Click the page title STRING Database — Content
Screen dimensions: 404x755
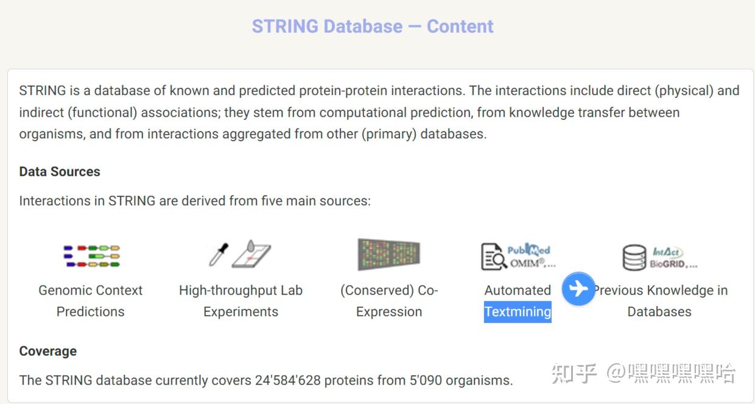coord(373,27)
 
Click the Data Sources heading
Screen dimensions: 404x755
coord(60,172)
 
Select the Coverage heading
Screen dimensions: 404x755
coord(48,351)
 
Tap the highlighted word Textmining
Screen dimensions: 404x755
coord(518,312)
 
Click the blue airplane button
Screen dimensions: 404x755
coord(578,288)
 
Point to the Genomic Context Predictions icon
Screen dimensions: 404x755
coord(91,256)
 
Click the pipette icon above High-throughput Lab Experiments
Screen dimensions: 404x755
coord(219,254)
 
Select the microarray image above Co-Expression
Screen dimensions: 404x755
coord(388,254)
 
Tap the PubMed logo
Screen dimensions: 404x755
coord(528,249)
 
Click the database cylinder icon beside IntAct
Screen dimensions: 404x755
coord(634,257)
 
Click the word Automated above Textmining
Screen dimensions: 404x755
coord(518,290)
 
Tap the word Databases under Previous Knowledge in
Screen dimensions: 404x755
coord(659,312)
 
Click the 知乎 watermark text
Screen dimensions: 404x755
coord(574,373)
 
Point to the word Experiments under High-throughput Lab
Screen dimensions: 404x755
coord(241,312)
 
